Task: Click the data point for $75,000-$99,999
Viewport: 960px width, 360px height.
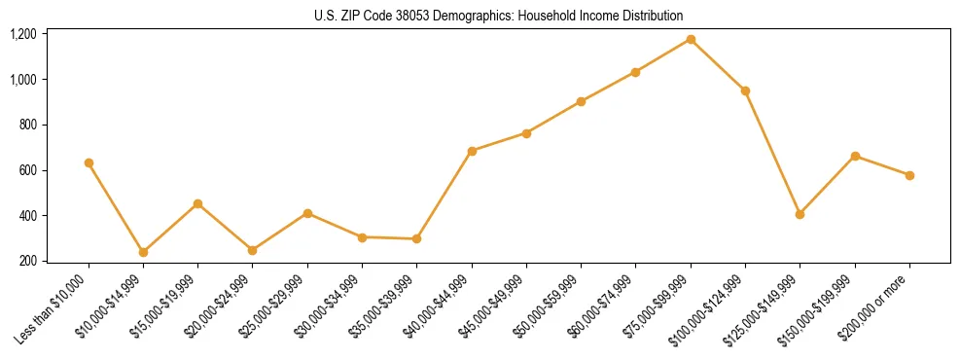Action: (691, 39)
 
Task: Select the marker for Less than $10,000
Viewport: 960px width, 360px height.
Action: (89, 162)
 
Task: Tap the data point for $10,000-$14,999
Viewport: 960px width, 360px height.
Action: (143, 252)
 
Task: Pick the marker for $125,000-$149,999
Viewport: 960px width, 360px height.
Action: (800, 214)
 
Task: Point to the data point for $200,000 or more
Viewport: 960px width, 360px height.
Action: (909, 175)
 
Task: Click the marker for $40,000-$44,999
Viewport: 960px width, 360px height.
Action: (472, 151)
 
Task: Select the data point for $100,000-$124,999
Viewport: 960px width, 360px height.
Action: (745, 90)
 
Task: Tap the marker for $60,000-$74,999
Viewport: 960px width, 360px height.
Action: (636, 72)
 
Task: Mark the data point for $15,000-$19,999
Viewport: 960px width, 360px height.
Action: (197, 203)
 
